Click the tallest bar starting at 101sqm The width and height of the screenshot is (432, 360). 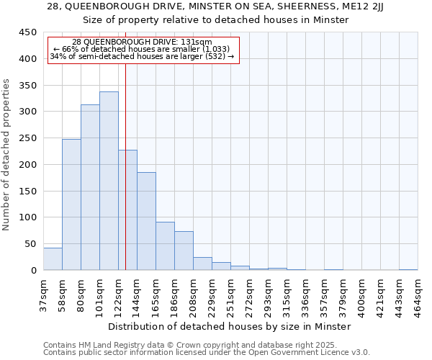pyautogui.click(x=109, y=181)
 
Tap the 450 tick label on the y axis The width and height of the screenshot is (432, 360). pyautogui.click(x=27, y=32)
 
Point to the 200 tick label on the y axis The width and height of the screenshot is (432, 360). pyautogui.click(x=27, y=165)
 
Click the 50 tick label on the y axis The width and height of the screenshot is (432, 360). pyautogui.click(x=30, y=244)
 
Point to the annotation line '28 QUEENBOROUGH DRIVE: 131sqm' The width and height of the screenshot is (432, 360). pyautogui.click(x=143, y=42)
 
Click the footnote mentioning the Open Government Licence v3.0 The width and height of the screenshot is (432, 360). pyautogui.click(x=207, y=352)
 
